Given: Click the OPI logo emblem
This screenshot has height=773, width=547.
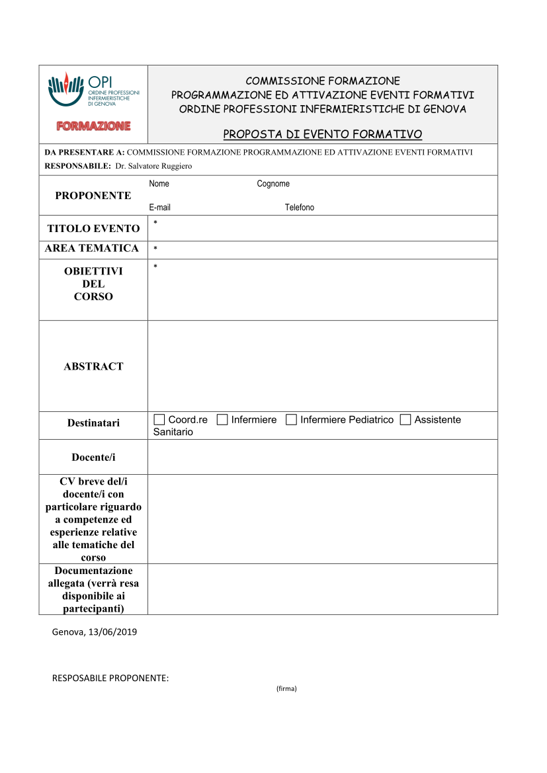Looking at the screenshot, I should point(66,89).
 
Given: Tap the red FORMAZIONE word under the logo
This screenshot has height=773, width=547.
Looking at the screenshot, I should point(93,126).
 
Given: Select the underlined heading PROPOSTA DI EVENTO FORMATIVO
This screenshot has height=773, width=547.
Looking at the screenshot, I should point(322,135).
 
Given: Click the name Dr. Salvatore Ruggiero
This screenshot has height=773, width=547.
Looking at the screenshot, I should point(153,167).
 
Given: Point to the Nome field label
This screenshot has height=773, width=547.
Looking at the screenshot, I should point(159,184).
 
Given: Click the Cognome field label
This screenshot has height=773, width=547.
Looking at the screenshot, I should point(273,184).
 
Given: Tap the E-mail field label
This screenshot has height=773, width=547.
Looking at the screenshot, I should point(159,208).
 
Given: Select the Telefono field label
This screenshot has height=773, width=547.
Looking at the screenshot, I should point(300,208).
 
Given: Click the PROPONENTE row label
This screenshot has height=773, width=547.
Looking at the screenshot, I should point(93,196).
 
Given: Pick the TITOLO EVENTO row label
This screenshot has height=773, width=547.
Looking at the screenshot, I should point(93,229).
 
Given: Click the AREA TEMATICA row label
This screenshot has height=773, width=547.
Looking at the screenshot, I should point(92,249).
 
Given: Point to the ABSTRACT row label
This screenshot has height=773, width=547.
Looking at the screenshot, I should point(93,366).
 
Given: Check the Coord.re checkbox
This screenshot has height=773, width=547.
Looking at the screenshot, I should point(159,420).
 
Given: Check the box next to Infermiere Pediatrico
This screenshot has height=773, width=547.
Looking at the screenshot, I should point(291,420).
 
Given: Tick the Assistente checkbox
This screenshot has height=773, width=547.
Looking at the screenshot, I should point(405,420).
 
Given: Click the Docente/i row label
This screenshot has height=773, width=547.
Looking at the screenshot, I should point(93,458).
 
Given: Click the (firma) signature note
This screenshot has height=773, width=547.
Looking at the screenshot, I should point(286,689).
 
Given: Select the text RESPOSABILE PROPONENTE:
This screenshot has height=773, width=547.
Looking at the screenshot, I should point(110,678).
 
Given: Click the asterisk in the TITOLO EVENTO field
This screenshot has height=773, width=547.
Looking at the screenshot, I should point(155,222).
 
